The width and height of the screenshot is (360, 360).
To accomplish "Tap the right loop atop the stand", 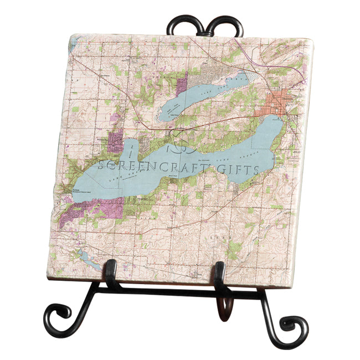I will click(227, 26).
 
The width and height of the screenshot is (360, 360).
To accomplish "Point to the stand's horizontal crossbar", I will click(166, 289).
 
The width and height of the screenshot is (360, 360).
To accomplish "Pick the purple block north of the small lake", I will click(182, 85).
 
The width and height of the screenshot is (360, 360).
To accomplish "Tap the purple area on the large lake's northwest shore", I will click(116, 141).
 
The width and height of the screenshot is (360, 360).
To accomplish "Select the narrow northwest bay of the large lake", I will click(129, 150).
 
